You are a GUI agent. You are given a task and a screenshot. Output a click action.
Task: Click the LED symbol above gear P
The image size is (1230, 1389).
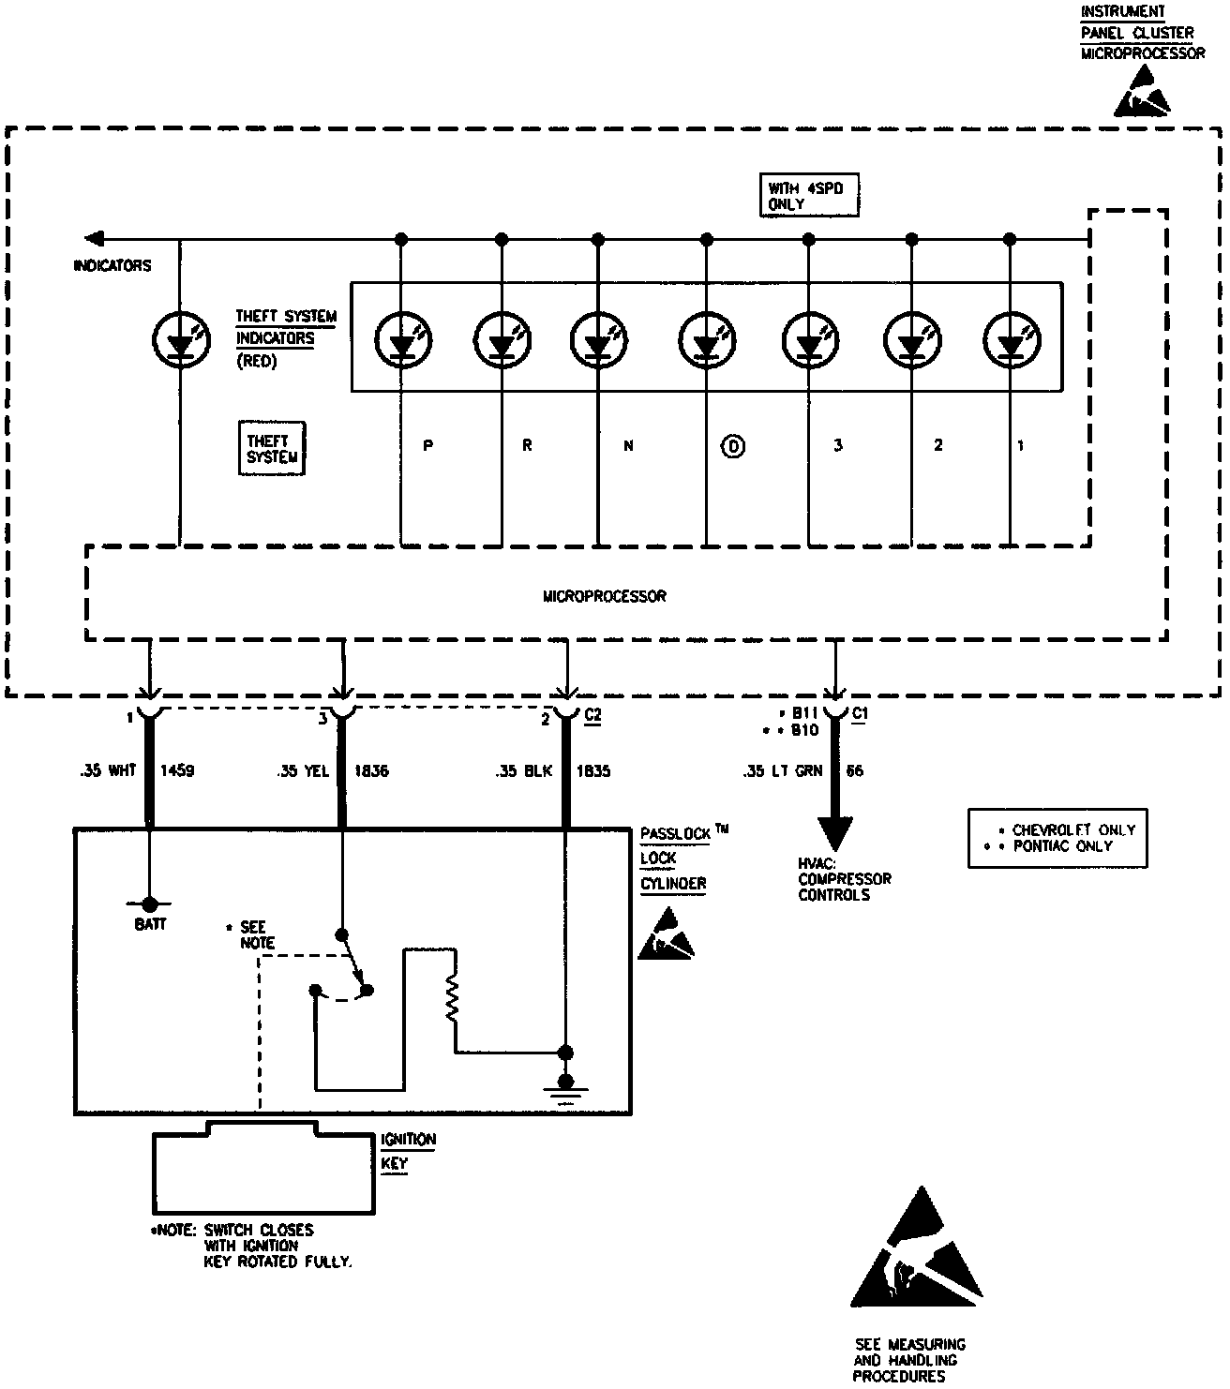(403, 339)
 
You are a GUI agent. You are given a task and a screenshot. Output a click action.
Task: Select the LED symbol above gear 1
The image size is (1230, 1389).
(1011, 339)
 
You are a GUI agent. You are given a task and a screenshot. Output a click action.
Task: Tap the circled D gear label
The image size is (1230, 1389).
(733, 446)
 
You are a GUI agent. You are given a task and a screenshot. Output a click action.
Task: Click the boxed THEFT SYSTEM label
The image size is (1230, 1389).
(272, 449)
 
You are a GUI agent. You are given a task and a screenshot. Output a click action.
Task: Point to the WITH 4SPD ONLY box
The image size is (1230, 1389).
(808, 196)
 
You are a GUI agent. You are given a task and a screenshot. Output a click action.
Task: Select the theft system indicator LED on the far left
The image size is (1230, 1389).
(180, 339)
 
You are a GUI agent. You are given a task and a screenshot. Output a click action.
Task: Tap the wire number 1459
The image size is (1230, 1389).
(178, 771)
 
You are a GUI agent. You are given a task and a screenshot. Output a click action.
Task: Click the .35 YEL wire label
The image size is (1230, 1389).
(303, 771)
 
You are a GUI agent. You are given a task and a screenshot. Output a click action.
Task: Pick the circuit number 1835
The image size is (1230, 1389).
(593, 771)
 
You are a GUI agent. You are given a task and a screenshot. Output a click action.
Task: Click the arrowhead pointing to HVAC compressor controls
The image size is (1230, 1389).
(834, 832)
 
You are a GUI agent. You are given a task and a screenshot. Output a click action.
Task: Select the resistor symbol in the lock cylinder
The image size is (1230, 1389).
(454, 999)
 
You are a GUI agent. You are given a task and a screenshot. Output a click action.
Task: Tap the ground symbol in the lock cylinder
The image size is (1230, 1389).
(565, 1091)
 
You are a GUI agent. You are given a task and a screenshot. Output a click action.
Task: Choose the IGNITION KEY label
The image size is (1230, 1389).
(408, 1151)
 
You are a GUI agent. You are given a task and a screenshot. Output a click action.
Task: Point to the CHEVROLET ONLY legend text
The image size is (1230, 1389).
(1072, 830)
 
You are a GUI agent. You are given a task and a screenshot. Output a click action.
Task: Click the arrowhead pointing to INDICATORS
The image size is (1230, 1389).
(92, 238)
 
